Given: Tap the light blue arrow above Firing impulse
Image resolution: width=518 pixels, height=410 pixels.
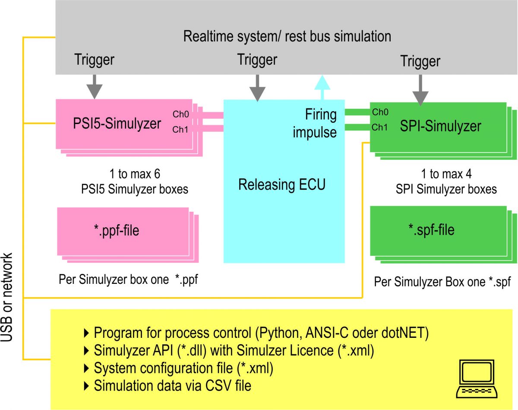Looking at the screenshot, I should coord(321,87).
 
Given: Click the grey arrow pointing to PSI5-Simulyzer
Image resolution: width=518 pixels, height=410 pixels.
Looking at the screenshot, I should coord(95,86).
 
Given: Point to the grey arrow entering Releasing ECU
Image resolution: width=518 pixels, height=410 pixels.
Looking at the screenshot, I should coord(258,88).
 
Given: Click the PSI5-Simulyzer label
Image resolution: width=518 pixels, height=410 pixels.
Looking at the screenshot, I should coord(117,124).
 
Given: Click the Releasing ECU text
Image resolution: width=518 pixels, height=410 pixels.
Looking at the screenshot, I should coord(282,185).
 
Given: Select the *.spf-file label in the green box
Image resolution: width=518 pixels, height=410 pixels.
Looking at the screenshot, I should coord(431,229).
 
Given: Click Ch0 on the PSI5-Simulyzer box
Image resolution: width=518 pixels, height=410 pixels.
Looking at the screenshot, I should coord(180,115).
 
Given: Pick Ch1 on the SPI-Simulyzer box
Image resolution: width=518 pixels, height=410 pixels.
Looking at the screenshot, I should coord(379,127).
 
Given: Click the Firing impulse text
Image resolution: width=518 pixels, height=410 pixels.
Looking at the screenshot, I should coord(315,123).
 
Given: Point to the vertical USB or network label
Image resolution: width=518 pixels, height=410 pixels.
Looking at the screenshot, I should coord(7,298).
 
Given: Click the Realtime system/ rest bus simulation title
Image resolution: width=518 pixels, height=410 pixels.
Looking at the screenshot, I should coord(287,36).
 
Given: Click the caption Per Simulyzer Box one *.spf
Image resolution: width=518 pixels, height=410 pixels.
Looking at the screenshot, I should coord(442,282).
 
